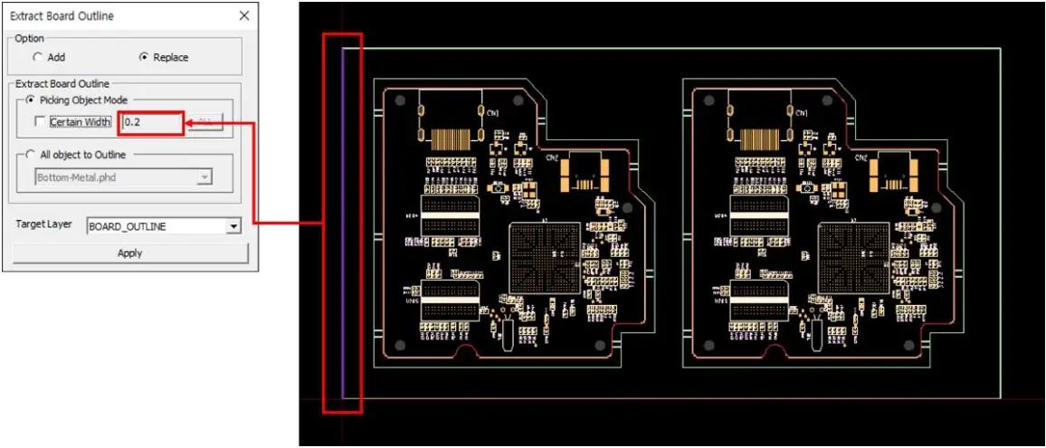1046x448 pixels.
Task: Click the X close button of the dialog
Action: tap(243, 15)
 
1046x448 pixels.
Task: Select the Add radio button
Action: tap(37, 57)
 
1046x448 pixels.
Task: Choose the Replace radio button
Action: tap(143, 57)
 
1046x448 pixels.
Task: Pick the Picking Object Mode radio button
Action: tap(31, 100)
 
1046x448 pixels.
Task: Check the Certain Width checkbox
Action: tap(39, 122)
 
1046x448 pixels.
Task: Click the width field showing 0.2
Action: tap(151, 122)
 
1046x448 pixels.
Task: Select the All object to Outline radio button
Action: tap(31, 155)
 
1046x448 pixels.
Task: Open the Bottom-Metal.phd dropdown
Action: tap(204, 177)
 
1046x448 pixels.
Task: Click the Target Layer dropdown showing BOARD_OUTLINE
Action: tap(164, 226)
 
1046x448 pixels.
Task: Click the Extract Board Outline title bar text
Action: tap(62, 15)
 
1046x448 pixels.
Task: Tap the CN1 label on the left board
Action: tap(493, 113)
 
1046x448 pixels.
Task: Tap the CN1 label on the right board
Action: tap(803, 113)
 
